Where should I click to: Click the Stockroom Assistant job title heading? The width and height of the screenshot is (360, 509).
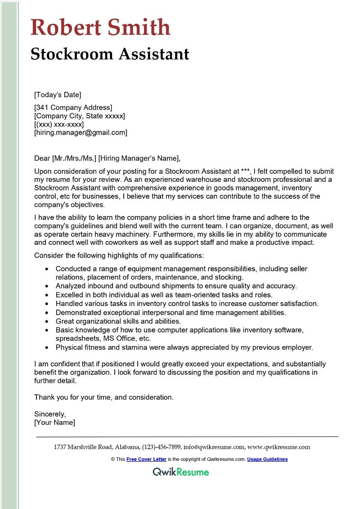(110, 54)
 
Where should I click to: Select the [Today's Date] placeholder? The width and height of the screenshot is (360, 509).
(58, 95)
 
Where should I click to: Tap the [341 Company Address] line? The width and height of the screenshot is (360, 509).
(73, 108)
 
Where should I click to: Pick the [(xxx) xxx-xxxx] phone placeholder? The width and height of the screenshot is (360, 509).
(59, 124)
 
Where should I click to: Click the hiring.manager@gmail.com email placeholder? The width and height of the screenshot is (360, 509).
(81, 132)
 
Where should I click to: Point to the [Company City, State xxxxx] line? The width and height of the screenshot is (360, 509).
(80, 116)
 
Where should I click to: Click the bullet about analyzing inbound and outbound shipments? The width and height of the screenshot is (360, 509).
(176, 286)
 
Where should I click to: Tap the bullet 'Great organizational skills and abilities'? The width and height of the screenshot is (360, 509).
(118, 321)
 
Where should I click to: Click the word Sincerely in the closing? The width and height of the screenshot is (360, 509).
(50, 414)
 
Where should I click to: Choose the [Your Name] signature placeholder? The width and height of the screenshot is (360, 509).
(54, 423)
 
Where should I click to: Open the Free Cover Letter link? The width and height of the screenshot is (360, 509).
(146, 459)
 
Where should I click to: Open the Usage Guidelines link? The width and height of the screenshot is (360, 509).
(267, 459)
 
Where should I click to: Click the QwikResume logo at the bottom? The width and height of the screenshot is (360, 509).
(180, 472)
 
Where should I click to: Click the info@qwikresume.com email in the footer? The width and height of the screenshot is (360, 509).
(214, 447)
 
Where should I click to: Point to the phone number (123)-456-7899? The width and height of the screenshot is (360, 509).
(162, 447)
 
